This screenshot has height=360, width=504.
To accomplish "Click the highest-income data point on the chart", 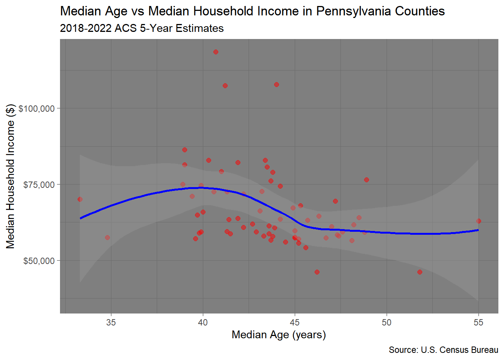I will (x=216, y=52).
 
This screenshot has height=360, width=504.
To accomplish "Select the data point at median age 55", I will (x=478, y=221).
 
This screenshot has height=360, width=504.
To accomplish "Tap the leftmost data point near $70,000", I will (x=80, y=199).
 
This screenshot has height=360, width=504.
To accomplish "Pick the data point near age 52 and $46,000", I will (x=420, y=272).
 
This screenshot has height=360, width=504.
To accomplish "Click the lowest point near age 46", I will (x=317, y=272).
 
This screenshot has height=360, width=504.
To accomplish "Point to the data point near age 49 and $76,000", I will (x=366, y=180).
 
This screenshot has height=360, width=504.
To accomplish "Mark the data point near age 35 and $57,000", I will (x=107, y=237).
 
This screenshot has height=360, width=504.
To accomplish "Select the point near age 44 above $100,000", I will (x=276, y=84).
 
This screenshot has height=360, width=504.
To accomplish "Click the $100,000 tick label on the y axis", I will (x=37, y=109).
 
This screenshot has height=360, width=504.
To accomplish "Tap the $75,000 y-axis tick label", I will (x=39, y=185).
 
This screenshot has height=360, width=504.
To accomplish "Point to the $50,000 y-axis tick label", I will (x=39, y=261).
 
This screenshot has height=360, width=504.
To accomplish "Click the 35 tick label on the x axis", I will (x=111, y=322).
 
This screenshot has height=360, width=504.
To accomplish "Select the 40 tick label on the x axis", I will (x=203, y=322).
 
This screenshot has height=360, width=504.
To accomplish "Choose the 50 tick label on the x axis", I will (x=387, y=322).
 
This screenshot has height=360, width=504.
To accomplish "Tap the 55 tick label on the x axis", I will (x=478, y=322).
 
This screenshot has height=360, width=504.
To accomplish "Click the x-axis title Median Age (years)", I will (x=279, y=334).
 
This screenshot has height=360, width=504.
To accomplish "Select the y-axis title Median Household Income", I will (x=10, y=176).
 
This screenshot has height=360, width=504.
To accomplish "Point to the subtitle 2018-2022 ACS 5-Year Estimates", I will (x=142, y=28).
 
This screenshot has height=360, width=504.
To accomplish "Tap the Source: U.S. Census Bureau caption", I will (x=443, y=350).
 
